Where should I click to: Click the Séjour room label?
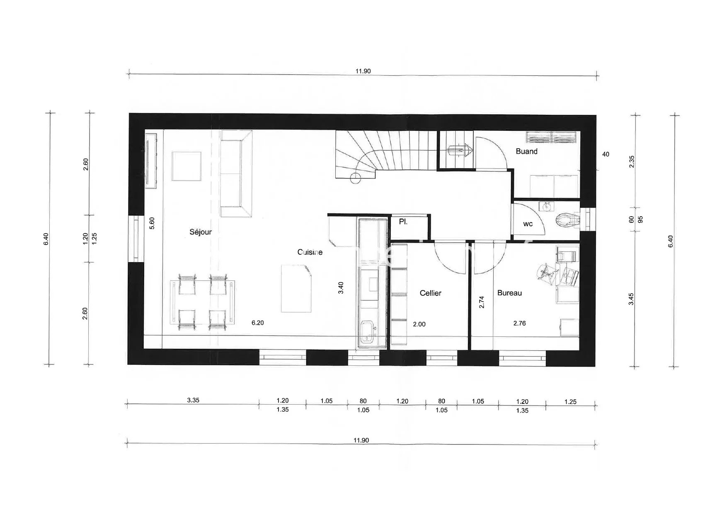coord(201,232)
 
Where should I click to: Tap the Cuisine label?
coord(310,252)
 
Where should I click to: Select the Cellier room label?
coord(431,293)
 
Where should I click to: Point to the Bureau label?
coord(509,293)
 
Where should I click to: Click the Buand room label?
coord(527,151)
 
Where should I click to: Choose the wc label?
coord(528,224)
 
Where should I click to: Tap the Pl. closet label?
coord(403,222)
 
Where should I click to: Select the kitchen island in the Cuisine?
coord(296,289)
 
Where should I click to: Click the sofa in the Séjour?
coord(236,174)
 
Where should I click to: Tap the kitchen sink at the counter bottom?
coord(368,331)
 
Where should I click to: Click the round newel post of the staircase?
coord(355,178)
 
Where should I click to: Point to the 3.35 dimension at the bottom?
coord(193,400)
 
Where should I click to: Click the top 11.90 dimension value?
coord(363,71)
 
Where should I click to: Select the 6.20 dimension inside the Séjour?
coord(257,323)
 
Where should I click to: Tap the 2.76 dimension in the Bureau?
coord(519,323)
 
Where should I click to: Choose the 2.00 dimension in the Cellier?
coord(419,324)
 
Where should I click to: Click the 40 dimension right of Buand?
coord(606,154)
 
